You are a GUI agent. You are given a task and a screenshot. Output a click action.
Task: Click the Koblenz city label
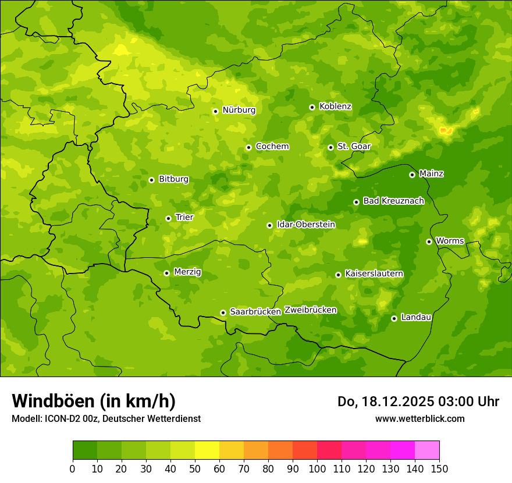point(335,106)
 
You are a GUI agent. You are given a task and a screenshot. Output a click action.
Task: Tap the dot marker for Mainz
point(412,175)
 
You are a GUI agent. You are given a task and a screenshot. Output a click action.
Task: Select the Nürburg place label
point(239,110)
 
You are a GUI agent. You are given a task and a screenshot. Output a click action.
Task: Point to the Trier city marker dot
point(169,219)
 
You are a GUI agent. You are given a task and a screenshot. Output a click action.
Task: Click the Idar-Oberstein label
point(305,225)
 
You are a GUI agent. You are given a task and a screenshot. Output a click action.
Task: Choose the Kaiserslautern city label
point(374,274)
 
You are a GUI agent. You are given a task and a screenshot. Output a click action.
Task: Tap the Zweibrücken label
point(310,310)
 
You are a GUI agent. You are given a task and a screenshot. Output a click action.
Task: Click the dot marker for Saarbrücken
point(223,312)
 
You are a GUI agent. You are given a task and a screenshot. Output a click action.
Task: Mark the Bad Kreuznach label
point(393,201)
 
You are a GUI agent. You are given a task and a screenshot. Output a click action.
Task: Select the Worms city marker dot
point(429,241)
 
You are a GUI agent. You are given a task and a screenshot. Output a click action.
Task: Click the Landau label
point(416,317)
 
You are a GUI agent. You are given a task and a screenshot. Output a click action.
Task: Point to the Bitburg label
point(173,179)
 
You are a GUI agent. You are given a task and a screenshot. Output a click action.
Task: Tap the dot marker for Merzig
point(166,273)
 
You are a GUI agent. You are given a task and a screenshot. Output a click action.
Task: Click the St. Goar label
point(354,147)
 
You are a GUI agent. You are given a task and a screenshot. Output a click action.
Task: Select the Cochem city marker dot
point(248,147)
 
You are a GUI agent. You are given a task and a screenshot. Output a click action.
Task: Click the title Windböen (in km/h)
point(94,401)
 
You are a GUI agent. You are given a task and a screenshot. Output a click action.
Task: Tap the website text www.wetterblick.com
point(419,418)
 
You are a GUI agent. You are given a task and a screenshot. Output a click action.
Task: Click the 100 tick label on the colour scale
point(317,469)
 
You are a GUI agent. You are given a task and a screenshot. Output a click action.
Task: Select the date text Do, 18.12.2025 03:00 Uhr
point(418,402)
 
